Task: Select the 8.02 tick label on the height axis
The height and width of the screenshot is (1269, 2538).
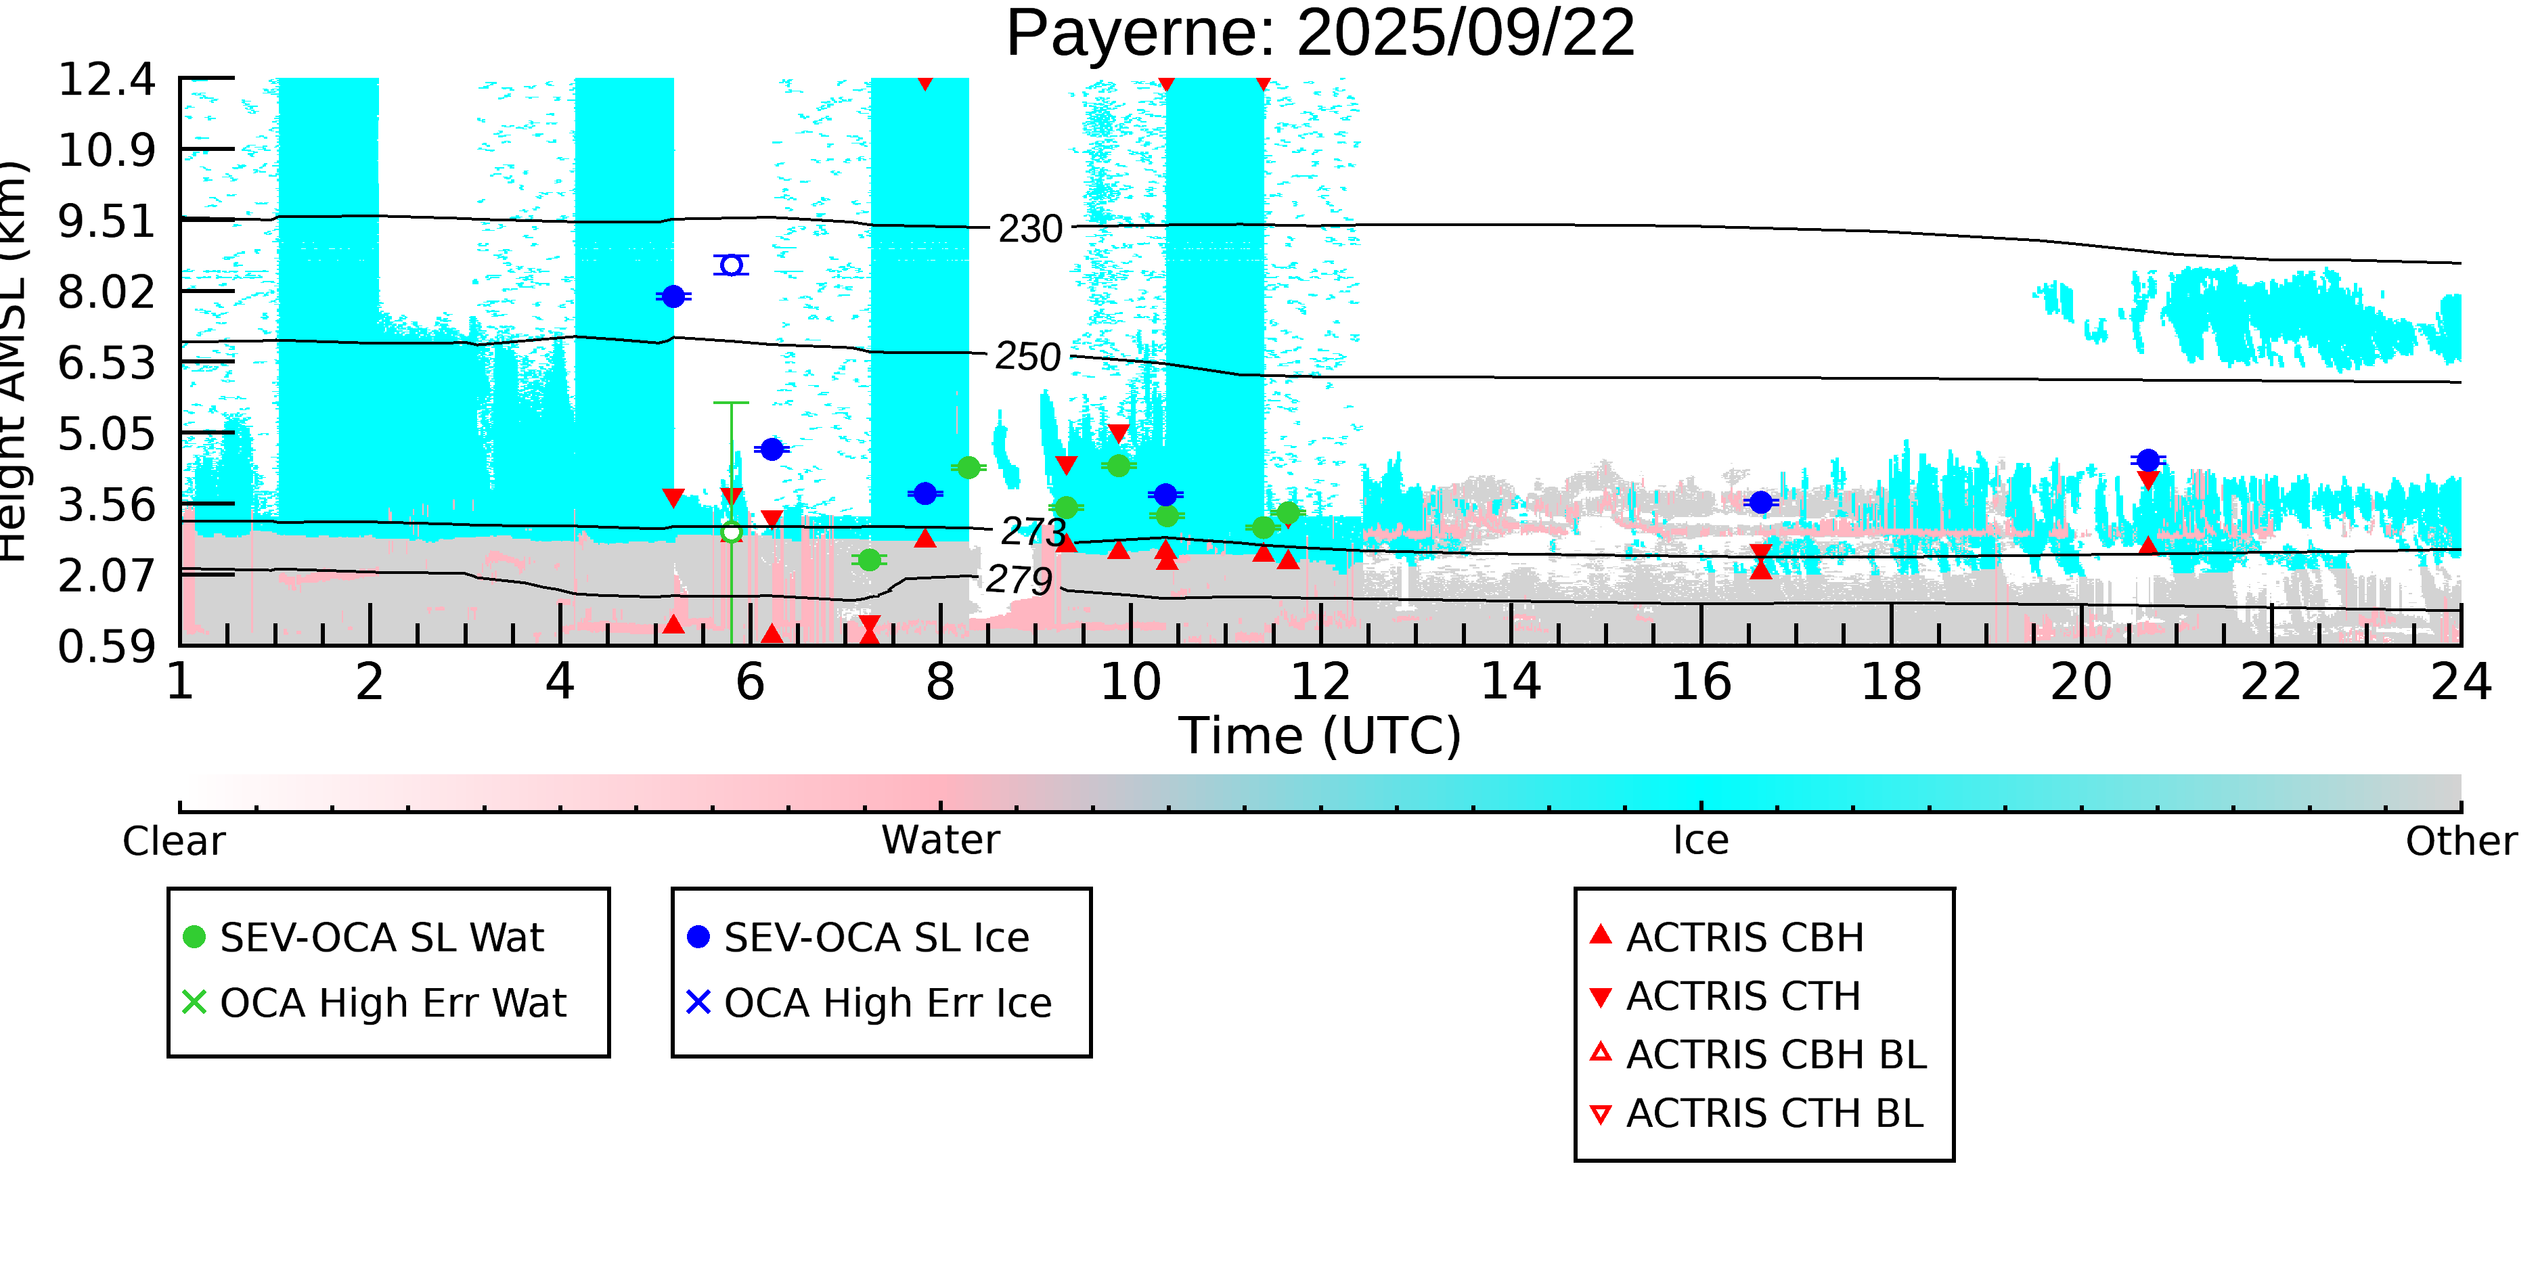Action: point(106,292)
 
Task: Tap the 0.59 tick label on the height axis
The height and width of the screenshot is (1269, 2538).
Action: point(106,647)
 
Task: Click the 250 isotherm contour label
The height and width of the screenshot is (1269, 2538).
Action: point(1027,357)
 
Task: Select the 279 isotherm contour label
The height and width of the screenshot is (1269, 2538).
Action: point(1019,580)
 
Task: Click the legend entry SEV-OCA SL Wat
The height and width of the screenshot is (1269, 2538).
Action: point(381,937)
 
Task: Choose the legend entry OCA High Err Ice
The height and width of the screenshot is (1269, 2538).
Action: point(887,1003)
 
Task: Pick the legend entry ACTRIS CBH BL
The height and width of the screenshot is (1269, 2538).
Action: point(1775,1054)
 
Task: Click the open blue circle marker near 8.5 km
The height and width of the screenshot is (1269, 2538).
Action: point(731,265)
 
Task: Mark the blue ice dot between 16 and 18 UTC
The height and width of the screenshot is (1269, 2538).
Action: point(1760,502)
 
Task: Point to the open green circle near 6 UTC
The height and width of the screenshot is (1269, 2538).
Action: point(731,532)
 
